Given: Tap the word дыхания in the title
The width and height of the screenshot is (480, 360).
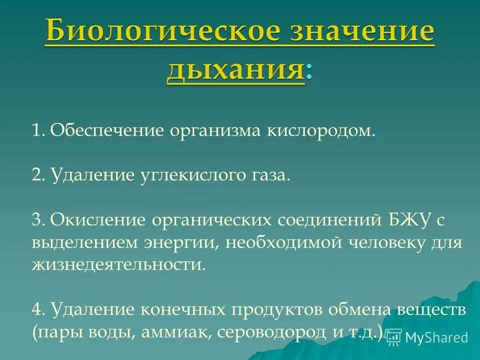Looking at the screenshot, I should [235, 70].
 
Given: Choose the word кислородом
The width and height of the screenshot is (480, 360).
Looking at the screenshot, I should [320, 131].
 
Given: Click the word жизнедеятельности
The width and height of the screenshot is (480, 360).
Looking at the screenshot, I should [118, 264].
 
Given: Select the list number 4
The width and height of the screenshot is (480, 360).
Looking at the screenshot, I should [37, 309].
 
